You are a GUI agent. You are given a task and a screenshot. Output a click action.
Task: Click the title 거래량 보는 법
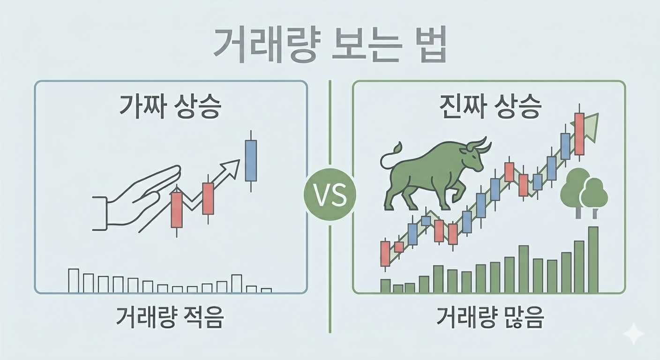coord(329,45)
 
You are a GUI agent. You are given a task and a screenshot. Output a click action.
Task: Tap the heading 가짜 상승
coord(170,107)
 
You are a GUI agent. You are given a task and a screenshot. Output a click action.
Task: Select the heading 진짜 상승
coord(490,107)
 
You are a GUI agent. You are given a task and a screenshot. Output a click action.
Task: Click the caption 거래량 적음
coord(170,318)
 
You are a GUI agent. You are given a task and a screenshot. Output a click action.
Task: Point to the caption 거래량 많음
coord(489,318)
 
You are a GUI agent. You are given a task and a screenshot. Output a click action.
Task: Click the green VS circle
coord(330,195)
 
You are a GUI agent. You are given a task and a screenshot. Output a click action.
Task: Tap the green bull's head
coord(473,155)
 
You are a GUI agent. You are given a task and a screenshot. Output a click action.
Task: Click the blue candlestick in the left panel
coord(251,161)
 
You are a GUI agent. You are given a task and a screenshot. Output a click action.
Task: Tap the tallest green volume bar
coord(593,260)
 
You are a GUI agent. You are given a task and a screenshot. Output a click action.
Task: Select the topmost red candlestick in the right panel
coord(579,134)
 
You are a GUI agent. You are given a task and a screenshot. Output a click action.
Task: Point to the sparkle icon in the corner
coord(633,334)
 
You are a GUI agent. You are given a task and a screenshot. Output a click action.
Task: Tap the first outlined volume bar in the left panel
coord(74,280)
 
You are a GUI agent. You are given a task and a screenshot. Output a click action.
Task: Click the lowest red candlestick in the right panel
coord(385,254)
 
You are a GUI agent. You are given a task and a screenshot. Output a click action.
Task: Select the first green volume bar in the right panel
coord(385,286)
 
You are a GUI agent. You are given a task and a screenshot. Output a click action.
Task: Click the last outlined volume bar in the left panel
coord(266,290)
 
